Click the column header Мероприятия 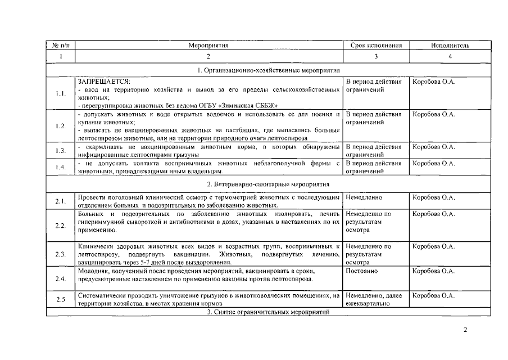tap(208, 46)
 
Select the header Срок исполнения tap(376, 46)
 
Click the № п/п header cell tap(60, 46)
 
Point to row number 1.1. tap(60, 93)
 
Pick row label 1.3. tap(60, 151)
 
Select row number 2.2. tap(60, 226)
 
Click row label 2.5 tap(60, 299)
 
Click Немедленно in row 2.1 tap(364, 198)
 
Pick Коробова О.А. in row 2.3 tap(434, 246)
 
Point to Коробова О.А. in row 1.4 tap(434, 163)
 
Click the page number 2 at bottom tap(465, 330)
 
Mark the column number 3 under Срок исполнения tap(376, 56)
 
